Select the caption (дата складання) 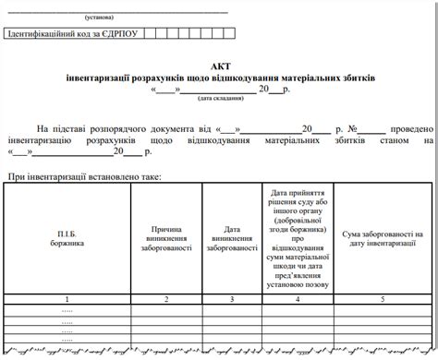click(217, 97)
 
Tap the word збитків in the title click(358, 78)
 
